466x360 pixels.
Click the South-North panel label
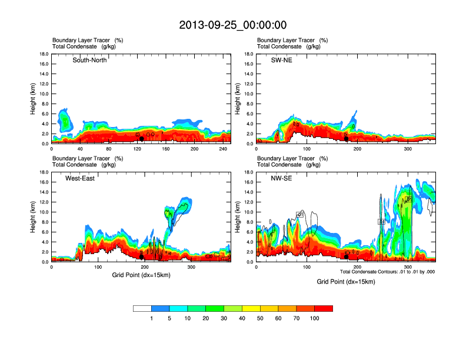click(x=89, y=61)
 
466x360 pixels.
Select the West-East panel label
click(x=80, y=178)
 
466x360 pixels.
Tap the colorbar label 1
click(x=151, y=318)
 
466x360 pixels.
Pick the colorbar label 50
click(x=260, y=318)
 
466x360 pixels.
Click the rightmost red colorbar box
click(x=324, y=308)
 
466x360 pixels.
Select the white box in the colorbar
click(x=142, y=308)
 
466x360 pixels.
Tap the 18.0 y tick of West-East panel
click(x=44, y=172)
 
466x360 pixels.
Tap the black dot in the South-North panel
click(x=142, y=139)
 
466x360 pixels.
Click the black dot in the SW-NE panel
click(x=347, y=139)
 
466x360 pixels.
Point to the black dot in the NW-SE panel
click(x=347, y=256)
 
